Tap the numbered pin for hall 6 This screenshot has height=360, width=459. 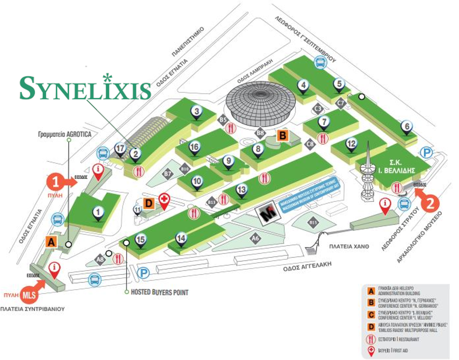point(406,127)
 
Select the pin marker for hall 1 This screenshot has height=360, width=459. point(98,212)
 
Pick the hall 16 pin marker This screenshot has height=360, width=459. point(194,147)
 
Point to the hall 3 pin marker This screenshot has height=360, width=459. point(197,111)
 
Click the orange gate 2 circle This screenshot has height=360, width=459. point(430,204)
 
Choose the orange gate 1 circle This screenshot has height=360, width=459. point(56,181)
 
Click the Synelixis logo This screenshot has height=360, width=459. point(85,88)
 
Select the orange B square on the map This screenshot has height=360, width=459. point(282,136)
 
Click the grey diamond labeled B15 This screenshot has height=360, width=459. point(313,222)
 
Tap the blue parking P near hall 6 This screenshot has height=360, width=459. point(426,152)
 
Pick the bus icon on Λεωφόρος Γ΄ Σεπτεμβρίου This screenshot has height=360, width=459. point(321,62)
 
